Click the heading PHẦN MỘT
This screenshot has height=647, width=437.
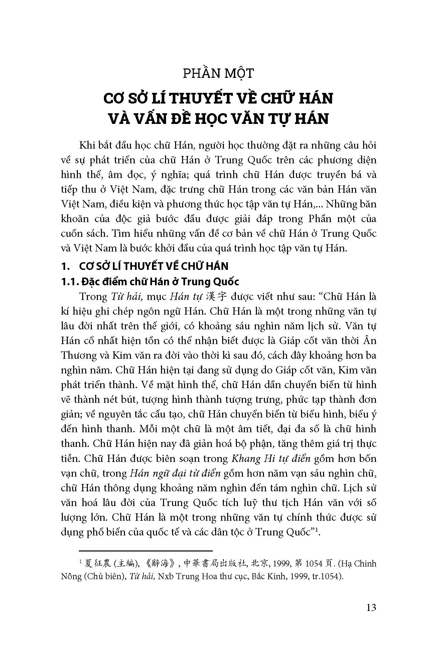click(x=218, y=73)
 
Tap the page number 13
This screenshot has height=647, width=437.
click(x=371, y=607)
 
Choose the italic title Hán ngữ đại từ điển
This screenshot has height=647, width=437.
click(x=175, y=473)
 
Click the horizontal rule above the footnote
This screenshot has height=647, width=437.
click(x=146, y=550)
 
